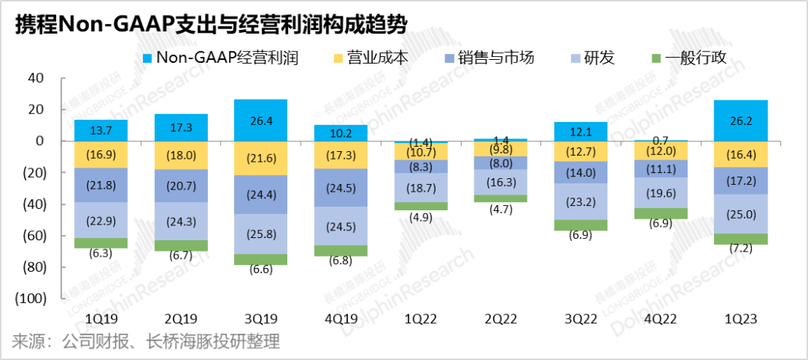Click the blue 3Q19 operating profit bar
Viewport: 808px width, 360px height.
(x=260, y=120)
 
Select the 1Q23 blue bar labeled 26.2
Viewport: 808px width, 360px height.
(x=741, y=120)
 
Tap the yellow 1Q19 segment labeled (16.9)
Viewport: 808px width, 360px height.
(x=100, y=154)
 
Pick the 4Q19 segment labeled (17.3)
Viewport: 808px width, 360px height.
(x=340, y=155)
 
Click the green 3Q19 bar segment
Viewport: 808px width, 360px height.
(x=260, y=260)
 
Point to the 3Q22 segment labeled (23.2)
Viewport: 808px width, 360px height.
(x=581, y=201)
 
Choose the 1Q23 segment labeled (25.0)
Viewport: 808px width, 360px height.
(x=741, y=214)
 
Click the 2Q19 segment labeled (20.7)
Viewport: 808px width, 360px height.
(x=180, y=186)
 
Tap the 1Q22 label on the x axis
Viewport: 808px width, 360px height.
(x=420, y=320)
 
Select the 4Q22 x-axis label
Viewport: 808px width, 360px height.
(x=661, y=320)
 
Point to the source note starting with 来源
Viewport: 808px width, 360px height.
(x=146, y=343)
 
